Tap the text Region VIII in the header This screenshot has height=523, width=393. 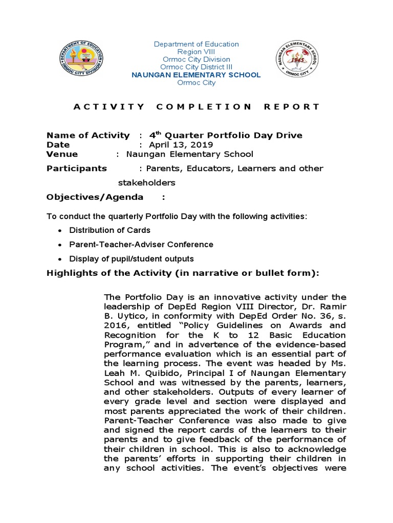[196, 52]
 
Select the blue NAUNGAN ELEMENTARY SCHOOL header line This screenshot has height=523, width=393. [196, 75]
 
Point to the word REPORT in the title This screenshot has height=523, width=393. [292, 107]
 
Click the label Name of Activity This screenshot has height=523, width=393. [88, 135]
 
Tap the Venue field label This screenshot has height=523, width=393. [62, 154]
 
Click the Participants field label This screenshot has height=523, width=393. [77, 169]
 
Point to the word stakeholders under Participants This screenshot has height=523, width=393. [147, 183]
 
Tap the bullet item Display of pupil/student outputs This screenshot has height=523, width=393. [132, 259]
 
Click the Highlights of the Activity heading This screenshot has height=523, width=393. [183, 273]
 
